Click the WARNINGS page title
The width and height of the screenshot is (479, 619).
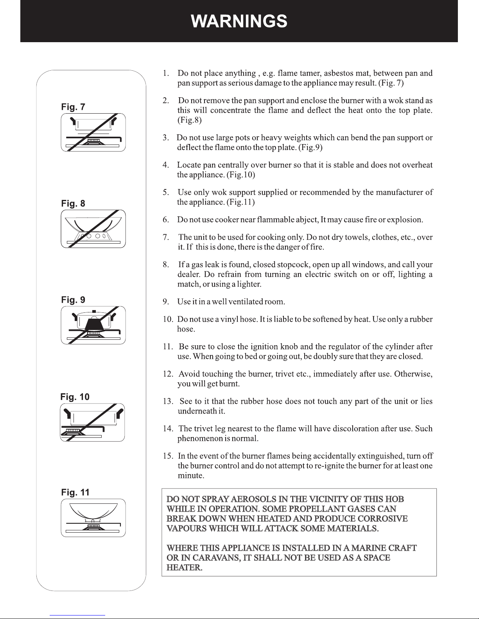pos(239,21)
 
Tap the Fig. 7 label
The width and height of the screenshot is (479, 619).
pos(73,107)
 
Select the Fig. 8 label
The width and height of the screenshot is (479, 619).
pos(73,203)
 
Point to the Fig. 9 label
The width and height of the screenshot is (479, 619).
pos(73,300)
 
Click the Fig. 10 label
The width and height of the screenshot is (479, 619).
pos(75,397)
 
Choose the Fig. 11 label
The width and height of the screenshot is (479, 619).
pos(75,492)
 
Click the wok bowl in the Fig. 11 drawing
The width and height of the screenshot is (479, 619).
pos(93,512)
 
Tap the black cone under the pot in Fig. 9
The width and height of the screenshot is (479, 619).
pos(93,325)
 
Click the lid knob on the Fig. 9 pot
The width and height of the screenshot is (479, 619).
pos(94,311)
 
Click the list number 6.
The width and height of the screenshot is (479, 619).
pos(166,219)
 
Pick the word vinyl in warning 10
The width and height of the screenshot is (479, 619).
pos(229,319)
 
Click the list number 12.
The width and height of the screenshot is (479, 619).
pos(168,374)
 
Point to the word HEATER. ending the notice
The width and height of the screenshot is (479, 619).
pos(184,567)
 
